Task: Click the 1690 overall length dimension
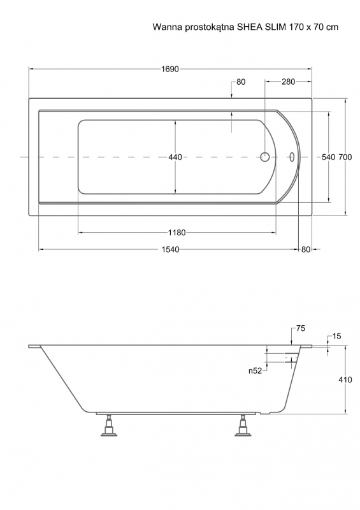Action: point(170,69)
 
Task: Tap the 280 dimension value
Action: point(288,82)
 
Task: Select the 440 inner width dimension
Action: point(175,157)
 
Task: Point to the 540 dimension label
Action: point(328,157)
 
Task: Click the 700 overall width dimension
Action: point(345,157)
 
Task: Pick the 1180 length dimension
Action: point(177,233)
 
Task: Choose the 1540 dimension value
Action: point(170,249)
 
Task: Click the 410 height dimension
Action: point(345,380)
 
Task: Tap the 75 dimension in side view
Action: point(301,329)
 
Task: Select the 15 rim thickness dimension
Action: point(337,337)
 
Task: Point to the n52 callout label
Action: point(256,371)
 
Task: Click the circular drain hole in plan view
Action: point(264,157)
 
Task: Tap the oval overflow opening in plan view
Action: point(292,157)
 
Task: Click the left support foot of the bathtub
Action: point(108,425)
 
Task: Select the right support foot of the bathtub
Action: point(243,425)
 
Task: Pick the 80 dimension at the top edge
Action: point(241,82)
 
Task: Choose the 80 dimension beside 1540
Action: point(306,249)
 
